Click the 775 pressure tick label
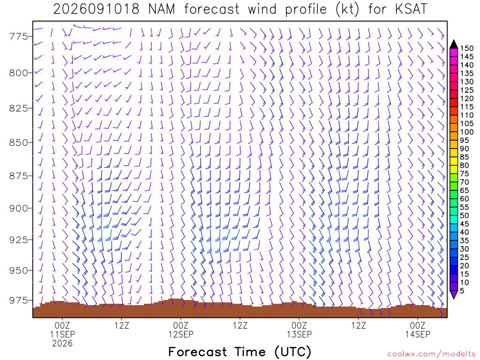[18, 37]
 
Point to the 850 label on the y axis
[18, 142]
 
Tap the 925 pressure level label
[18, 240]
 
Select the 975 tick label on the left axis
[18, 300]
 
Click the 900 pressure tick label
[18, 208]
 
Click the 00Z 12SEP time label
[180, 330]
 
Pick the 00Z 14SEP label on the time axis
[418, 330]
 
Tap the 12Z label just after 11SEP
[122, 325]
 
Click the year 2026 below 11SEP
[62, 344]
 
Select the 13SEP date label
[299, 334]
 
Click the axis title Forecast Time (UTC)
[240, 352]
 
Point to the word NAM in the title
[162, 9]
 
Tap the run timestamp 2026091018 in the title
[97, 9]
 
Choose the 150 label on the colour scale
[467, 48]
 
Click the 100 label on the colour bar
[467, 132]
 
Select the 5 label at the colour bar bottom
[462, 291]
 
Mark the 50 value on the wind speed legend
[465, 216]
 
